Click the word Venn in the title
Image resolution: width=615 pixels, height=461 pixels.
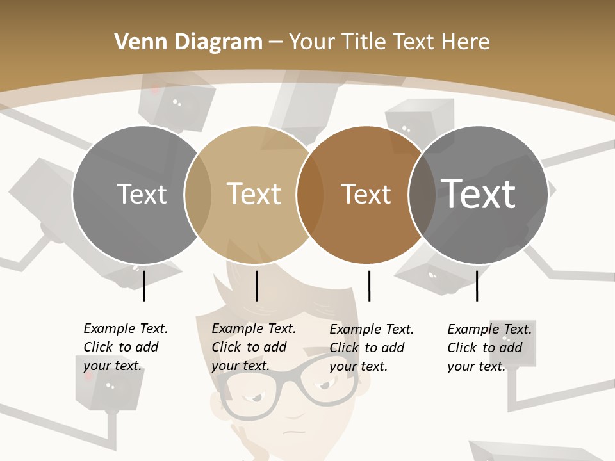tap(138, 42)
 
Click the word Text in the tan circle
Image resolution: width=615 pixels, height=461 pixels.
tap(254, 194)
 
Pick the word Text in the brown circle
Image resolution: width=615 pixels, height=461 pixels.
tap(366, 194)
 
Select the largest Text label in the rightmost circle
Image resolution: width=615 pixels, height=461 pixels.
tap(479, 194)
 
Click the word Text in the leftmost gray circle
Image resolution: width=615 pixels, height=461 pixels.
tap(142, 194)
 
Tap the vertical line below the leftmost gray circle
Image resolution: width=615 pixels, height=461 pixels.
tap(144, 286)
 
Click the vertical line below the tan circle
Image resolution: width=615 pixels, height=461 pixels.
tap(256, 286)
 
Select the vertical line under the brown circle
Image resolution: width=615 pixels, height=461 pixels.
tap(369, 286)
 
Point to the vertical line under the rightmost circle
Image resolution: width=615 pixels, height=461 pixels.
tap(477, 286)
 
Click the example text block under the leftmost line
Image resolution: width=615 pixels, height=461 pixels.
tap(126, 347)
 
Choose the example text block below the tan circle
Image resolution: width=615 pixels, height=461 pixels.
tap(254, 347)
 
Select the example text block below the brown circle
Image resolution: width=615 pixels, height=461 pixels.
tap(372, 348)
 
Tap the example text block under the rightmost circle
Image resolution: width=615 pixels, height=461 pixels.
tap(489, 348)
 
